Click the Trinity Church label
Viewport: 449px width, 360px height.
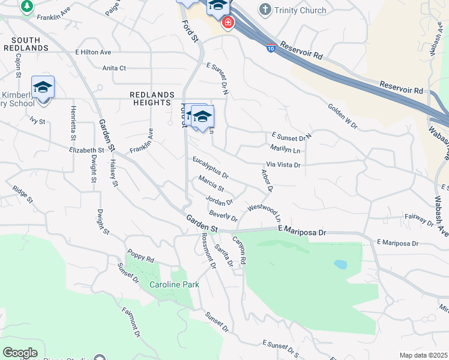coord(300,10)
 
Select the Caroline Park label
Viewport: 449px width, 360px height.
coord(166,285)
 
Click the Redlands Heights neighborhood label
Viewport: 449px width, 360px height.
coord(152,98)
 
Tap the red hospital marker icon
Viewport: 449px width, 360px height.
coord(228,23)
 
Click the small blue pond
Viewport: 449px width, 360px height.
coord(340,264)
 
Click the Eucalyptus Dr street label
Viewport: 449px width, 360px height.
coord(210,167)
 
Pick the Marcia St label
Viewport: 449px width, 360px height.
coord(211,184)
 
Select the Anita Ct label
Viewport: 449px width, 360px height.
coord(114,68)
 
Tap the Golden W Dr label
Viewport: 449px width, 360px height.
coord(342,116)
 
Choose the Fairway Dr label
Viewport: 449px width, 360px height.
coord(419,218)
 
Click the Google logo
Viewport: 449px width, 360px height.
coord(20,353)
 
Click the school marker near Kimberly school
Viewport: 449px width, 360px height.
coord(43,88)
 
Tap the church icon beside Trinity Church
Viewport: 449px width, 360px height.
coord(265,10)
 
